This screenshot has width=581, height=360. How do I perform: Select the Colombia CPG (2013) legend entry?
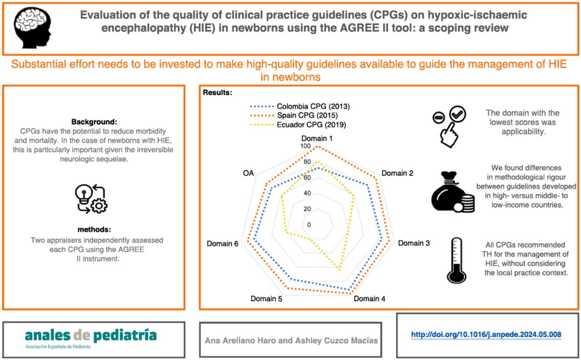click(313, 106)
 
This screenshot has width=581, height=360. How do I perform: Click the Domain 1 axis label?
click(318, 139)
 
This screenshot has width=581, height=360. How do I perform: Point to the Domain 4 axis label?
click(369, 299)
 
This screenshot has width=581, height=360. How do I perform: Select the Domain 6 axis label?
click(223, 243)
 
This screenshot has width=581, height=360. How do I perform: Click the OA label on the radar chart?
click(248, 173)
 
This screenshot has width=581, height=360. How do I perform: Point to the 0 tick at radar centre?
click(309, 225)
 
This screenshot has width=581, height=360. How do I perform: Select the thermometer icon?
click(455, 260)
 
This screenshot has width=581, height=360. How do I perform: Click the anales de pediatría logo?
click(91, 337)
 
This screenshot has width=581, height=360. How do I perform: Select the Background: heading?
click(94, 122)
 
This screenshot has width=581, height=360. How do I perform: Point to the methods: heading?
click(94, 229)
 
